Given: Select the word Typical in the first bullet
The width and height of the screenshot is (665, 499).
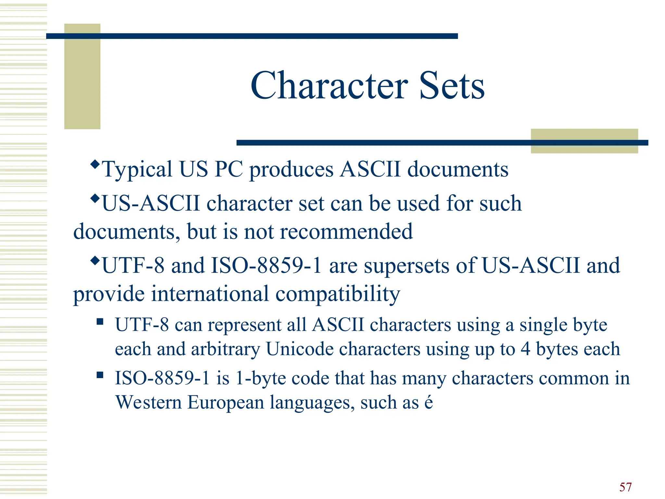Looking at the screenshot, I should tap(137, 170).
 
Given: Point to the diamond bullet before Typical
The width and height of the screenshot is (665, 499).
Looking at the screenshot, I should tap(95, 164).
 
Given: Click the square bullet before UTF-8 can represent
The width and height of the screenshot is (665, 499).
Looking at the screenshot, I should tap(100, 322).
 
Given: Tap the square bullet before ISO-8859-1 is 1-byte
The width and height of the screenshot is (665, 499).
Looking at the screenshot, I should tap(100, 376).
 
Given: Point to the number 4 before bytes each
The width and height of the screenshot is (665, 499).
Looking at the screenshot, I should tap(525, 350).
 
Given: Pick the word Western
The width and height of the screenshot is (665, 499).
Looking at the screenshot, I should tap(148, 403).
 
